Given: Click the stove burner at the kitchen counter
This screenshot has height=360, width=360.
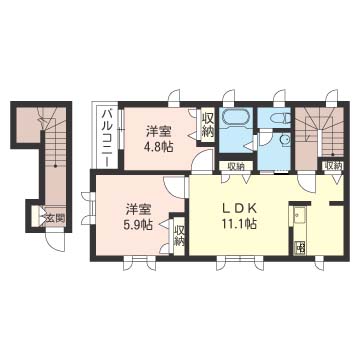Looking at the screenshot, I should [298, 246].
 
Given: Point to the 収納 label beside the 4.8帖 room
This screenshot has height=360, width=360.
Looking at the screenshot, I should [208, 126].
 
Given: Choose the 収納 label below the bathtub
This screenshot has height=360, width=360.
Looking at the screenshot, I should [232, 166].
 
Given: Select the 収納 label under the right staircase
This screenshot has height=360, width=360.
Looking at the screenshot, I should [331, 166].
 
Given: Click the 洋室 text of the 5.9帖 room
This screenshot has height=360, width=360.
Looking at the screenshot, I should [139, 208].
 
